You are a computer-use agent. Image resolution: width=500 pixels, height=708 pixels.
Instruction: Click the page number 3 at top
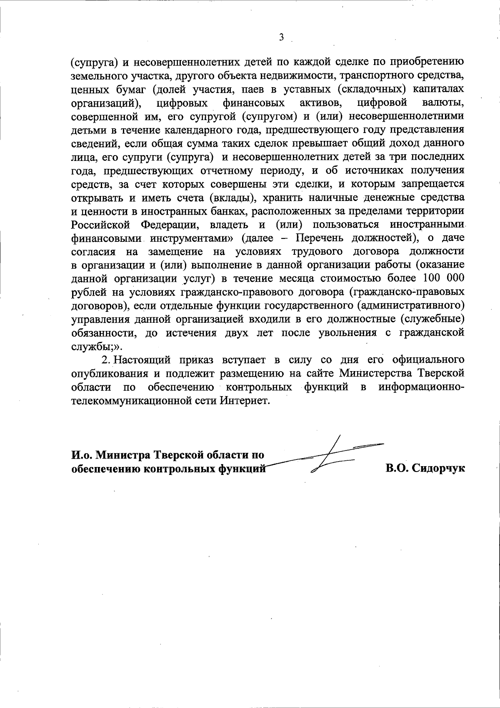click(281, 38)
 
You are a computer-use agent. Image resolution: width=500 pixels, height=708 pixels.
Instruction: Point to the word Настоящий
click(141, 360)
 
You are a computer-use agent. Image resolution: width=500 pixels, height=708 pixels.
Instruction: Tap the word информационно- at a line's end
click(421, 387)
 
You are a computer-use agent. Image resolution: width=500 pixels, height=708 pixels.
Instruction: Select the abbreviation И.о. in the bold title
click(81, 454)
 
